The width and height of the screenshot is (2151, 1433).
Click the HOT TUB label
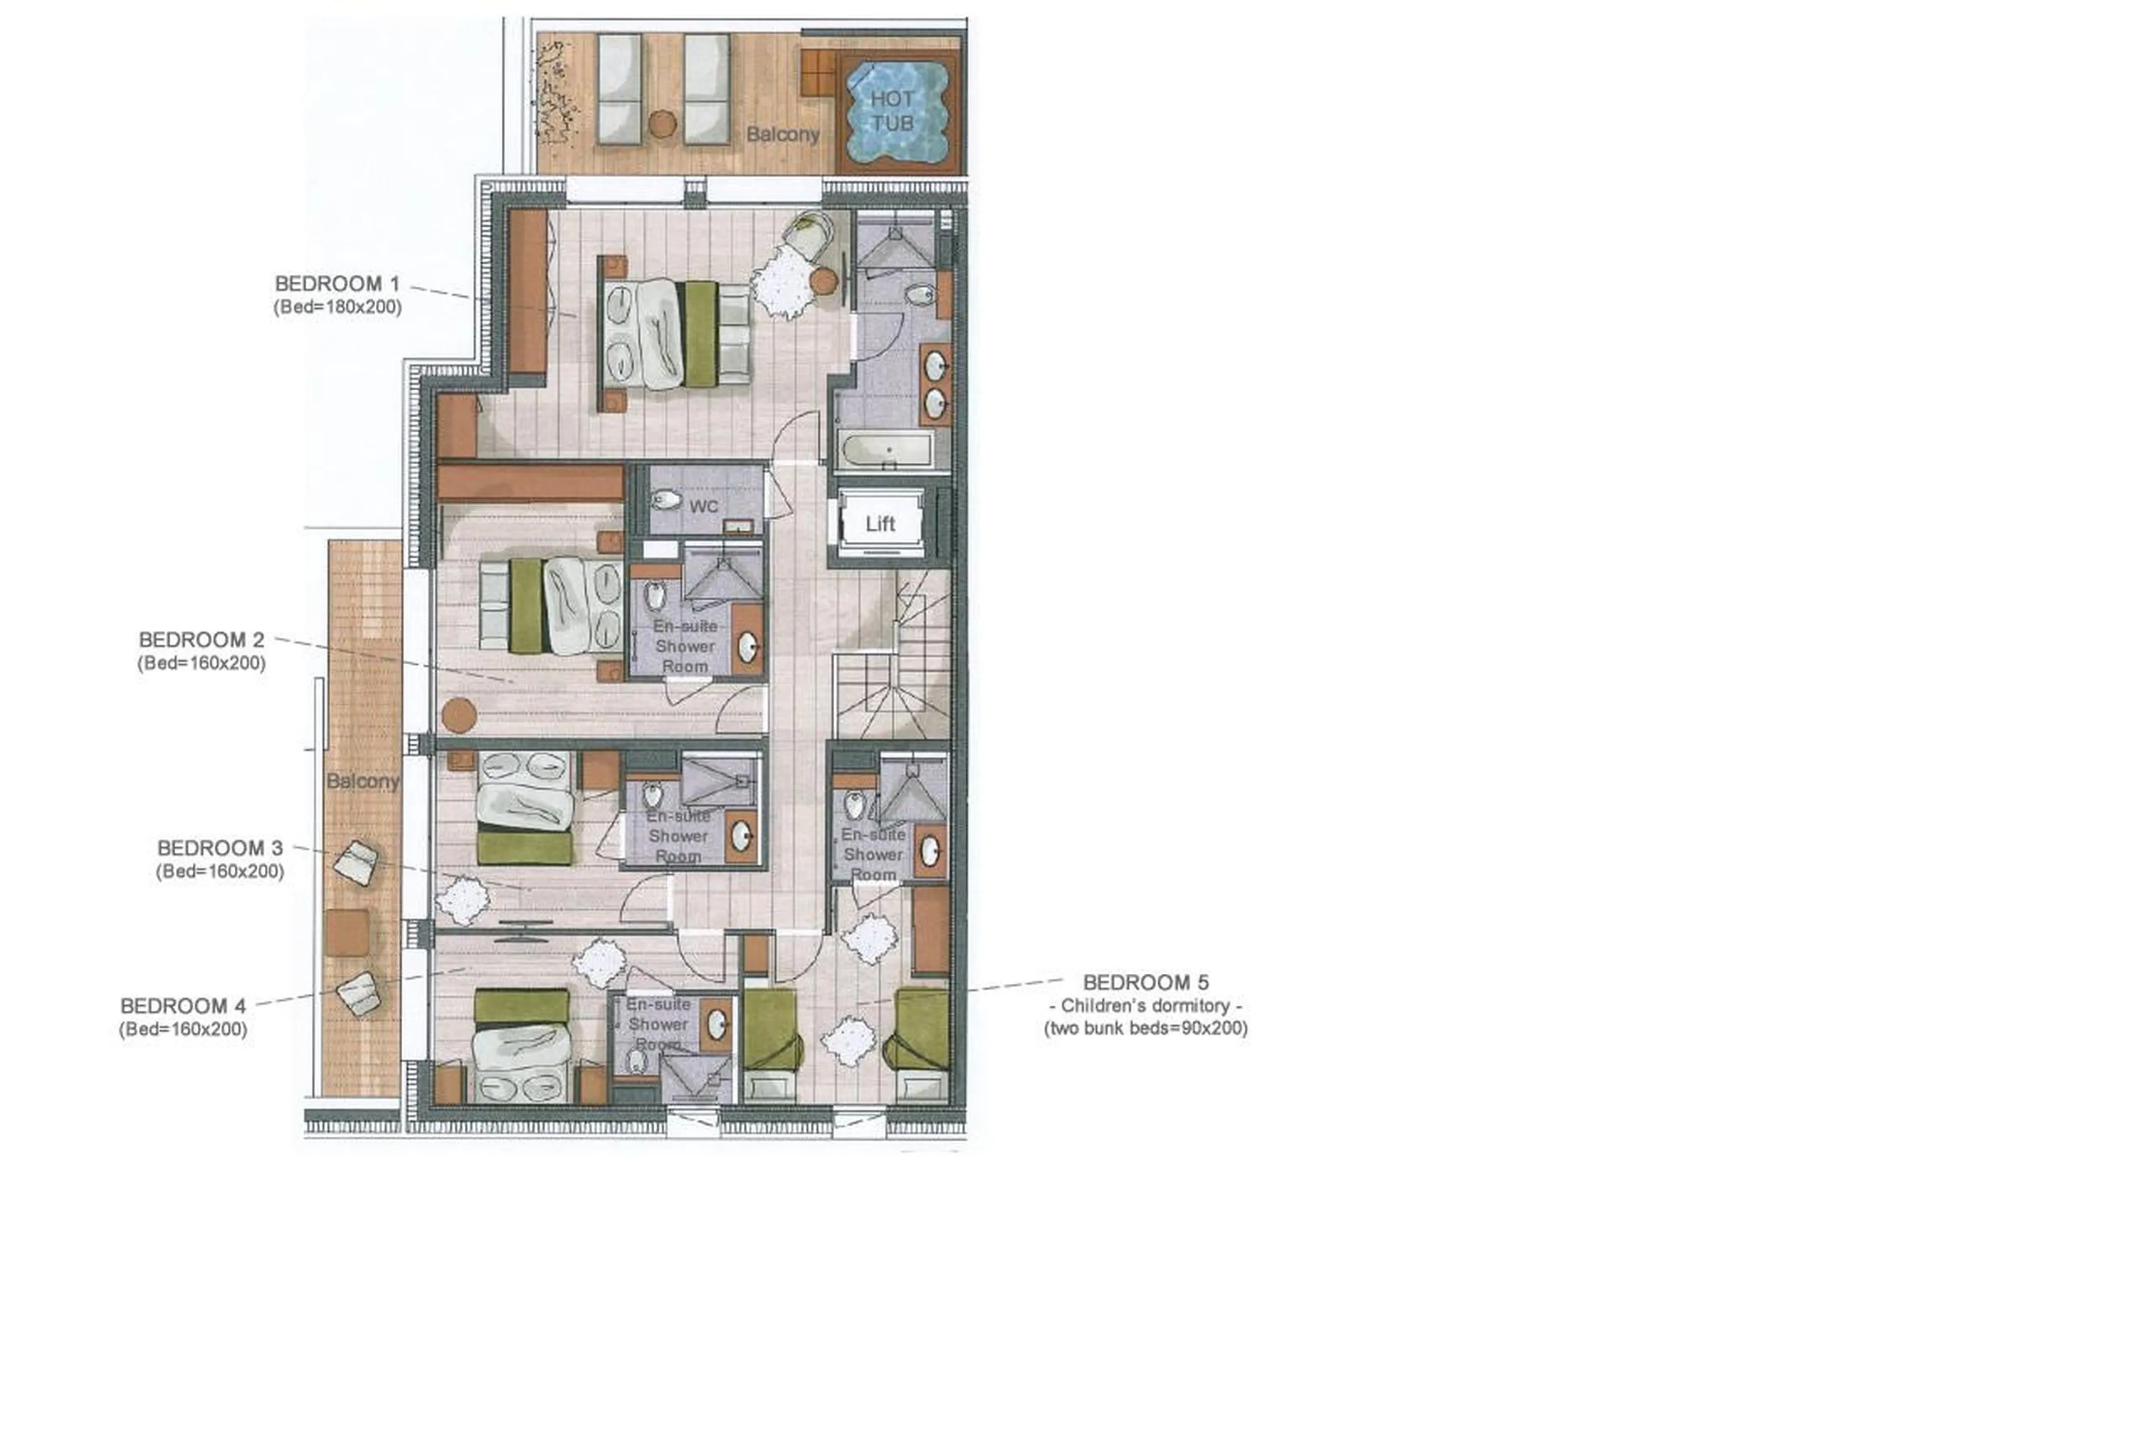[x=891, y=110]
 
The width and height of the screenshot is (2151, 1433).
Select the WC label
[x=703, y=506]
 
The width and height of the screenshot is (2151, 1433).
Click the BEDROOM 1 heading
[x=337, y=284]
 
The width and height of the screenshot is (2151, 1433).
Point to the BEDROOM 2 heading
[x=201, y=640]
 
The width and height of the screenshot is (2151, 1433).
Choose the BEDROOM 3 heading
[x=220, y=848]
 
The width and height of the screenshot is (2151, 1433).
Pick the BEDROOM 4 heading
[x=183, y=1006]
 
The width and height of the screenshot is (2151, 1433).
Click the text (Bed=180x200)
[x=337, y=307]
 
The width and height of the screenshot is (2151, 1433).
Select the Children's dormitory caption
[x=1146, y=1005]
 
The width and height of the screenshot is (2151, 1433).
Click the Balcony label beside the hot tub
[x=783, y=134]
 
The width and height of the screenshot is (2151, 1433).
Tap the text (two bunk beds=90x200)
[x=1146, y=1027]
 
